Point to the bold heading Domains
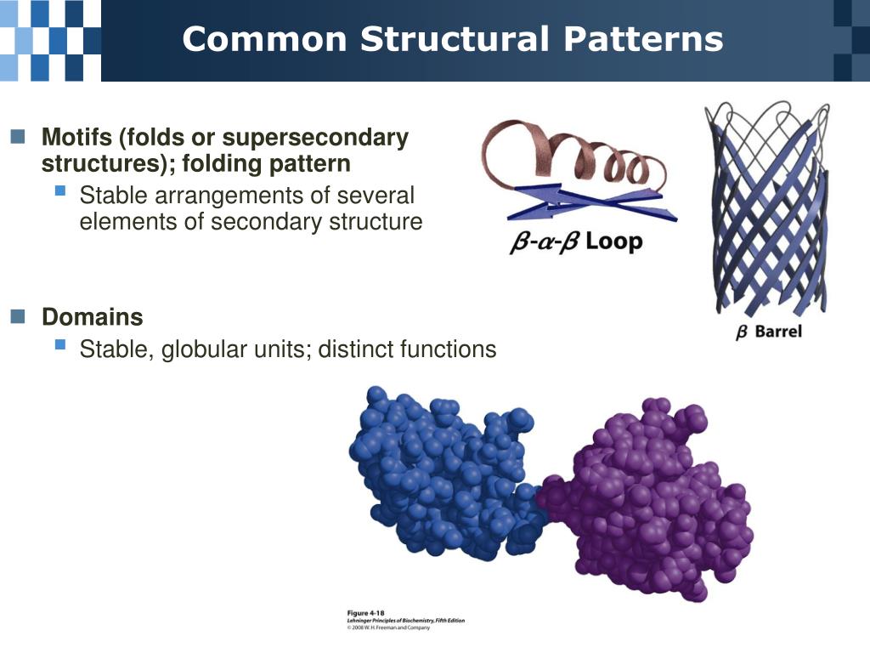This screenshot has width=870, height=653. click(93, 318)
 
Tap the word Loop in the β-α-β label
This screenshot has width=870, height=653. click(613, 241)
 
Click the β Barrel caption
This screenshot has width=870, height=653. click(768, 332)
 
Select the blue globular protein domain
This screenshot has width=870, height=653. click(442, 476)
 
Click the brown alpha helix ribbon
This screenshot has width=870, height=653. click(578, 157)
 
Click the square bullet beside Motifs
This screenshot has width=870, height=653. click(19, 137)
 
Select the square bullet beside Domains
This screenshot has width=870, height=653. click(19, 317)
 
